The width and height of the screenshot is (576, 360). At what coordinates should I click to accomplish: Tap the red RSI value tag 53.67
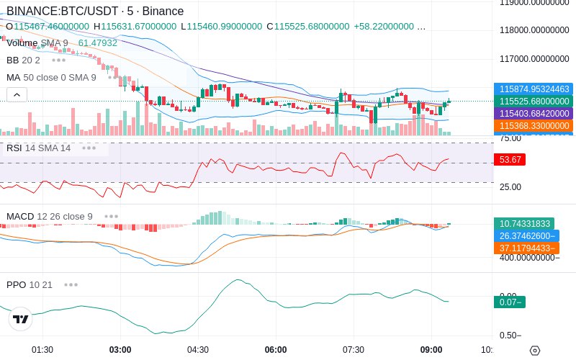click(x=510, y=160)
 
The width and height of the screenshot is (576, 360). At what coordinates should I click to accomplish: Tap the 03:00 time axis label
click(x=120, y=350)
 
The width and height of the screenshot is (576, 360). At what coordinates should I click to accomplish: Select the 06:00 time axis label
click(x=276, y=350)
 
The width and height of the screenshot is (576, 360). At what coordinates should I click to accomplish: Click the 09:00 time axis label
click(x=431, y=350)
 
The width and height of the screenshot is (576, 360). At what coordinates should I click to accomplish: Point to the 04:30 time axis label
click(x=198, y=350)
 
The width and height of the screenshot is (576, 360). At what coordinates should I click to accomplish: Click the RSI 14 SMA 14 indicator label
click(x=39, y=148)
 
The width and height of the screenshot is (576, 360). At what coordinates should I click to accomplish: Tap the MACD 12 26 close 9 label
click(x=50, y=216)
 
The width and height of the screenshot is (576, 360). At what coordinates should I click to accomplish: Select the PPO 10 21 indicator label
click(x=30, y=284)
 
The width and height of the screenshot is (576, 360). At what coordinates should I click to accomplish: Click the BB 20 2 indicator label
click(x=23, y=60)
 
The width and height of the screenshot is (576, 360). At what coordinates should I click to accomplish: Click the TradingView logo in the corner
click(x=21, y=319)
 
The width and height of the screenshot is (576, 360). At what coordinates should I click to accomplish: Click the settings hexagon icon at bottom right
click(x=534, y=351)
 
